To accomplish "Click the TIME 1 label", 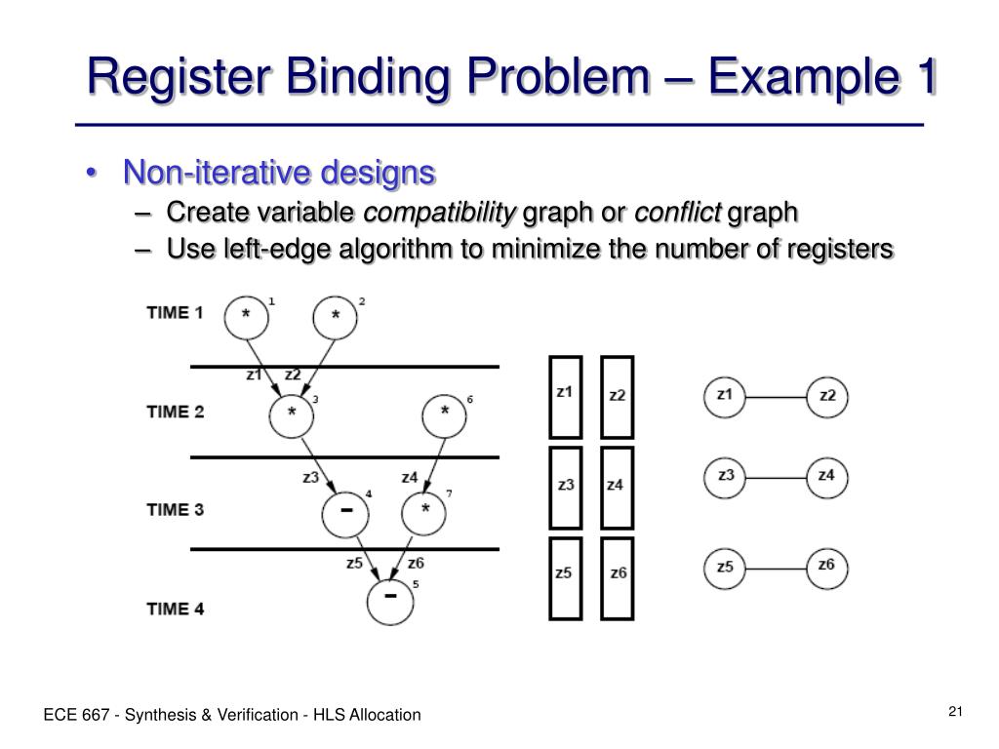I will [175, 313].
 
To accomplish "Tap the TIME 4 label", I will [175, 609].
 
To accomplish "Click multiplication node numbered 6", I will [445, 414].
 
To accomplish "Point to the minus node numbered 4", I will [345, 513].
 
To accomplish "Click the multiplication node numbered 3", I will [292, 414].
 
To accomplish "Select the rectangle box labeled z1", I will [565, 396].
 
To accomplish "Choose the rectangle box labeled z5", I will [565, 577].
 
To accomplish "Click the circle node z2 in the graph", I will [827, 397].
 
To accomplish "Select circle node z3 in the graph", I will [725, 477].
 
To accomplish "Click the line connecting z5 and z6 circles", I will [776, 568].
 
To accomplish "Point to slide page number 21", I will [955, 711].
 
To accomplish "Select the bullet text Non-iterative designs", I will [279, 173].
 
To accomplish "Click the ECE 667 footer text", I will [231, 715].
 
